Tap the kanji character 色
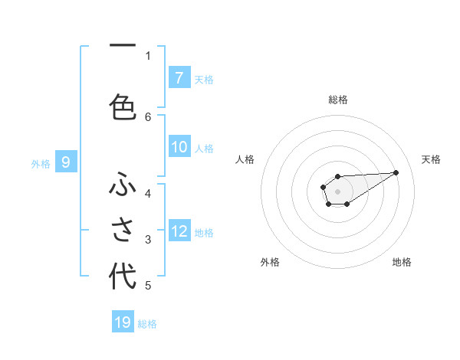(123, 106)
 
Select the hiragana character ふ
(123, 185)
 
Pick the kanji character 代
(123, 276)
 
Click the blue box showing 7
(179, 78)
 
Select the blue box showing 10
(179, 148)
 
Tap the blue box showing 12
(179, 231)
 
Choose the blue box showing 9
(66, 162)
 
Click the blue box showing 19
(123, 322)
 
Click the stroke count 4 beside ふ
(148, 193)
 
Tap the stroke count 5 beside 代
(148, 286)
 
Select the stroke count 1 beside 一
(148, 55)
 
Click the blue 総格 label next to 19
(147, 324)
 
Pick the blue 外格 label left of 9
(41, 163)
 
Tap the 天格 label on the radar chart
(431, 159)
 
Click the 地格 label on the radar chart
(402, 262)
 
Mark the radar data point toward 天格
(396, 172)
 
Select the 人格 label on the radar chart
(245, 159)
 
